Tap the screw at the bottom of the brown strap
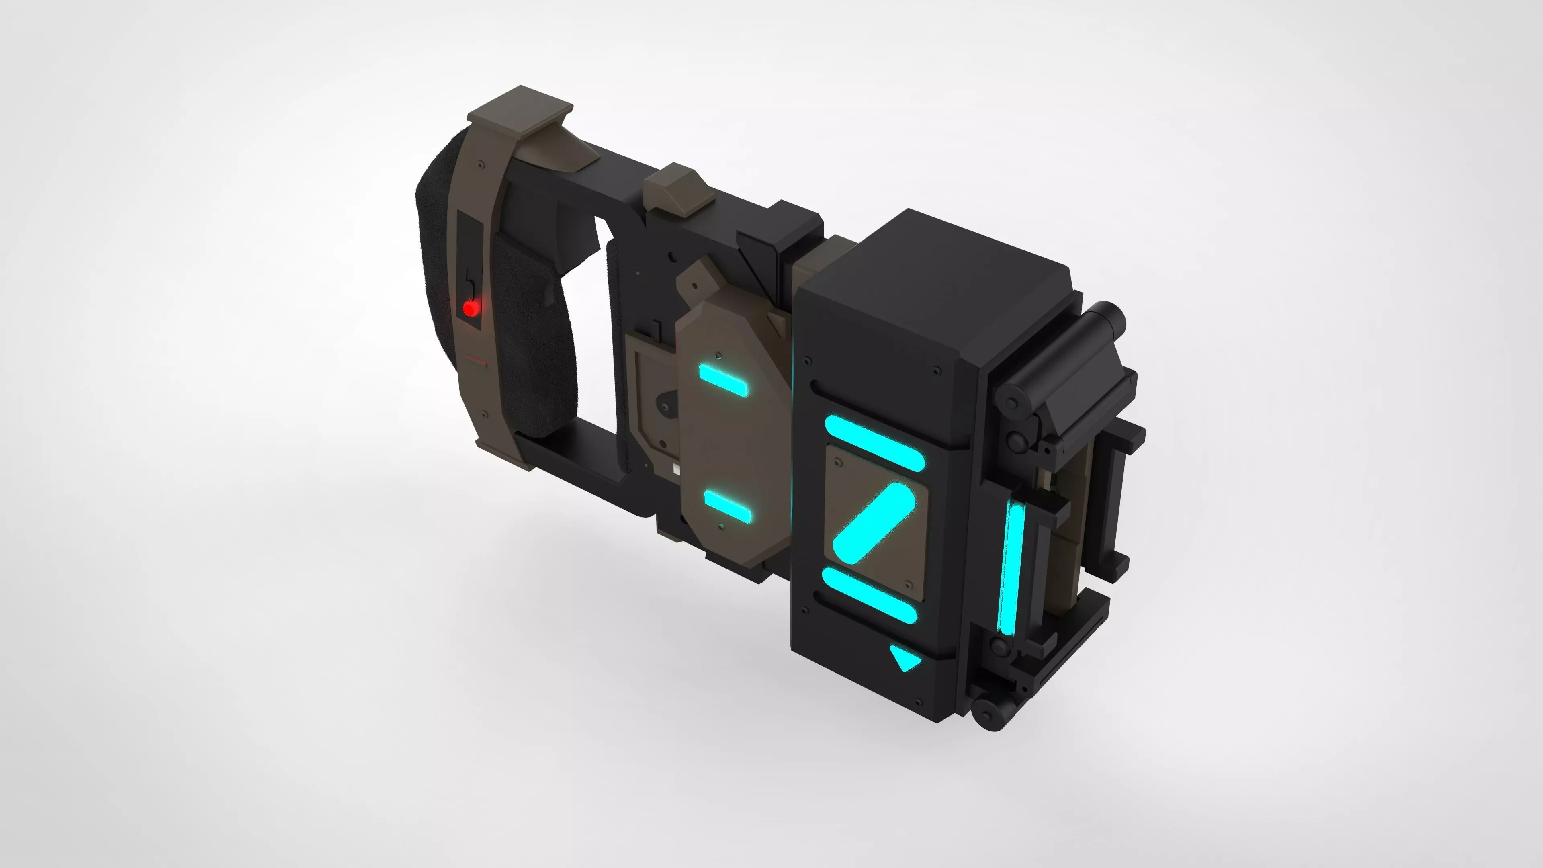(x=484, y=414)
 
